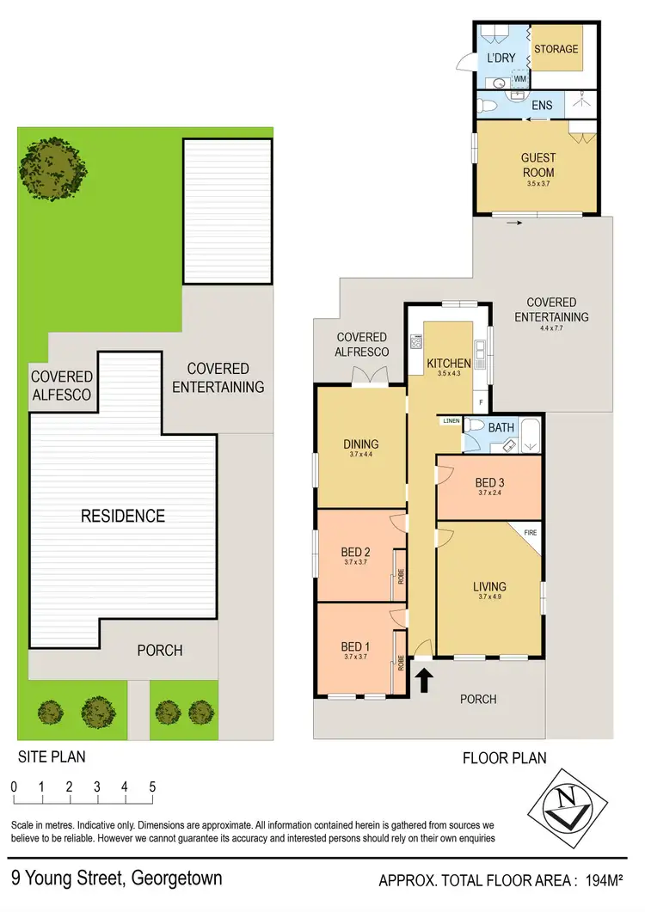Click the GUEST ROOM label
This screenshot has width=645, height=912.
coord(537,165)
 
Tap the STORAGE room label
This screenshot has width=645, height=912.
coord(556,49)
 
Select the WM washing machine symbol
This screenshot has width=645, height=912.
coord(519,79)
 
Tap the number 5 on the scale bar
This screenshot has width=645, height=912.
coord(152,787)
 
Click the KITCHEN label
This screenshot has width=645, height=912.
coord(449,364)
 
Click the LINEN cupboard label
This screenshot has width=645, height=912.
coord(451,421)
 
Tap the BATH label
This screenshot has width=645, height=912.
coord(501,426)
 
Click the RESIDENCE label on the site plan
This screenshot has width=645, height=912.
coord(122,516)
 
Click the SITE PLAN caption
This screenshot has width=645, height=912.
coord(52,756)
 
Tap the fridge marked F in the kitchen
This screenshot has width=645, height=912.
coord(481,401)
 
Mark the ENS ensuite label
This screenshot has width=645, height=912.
coord(542,105)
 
